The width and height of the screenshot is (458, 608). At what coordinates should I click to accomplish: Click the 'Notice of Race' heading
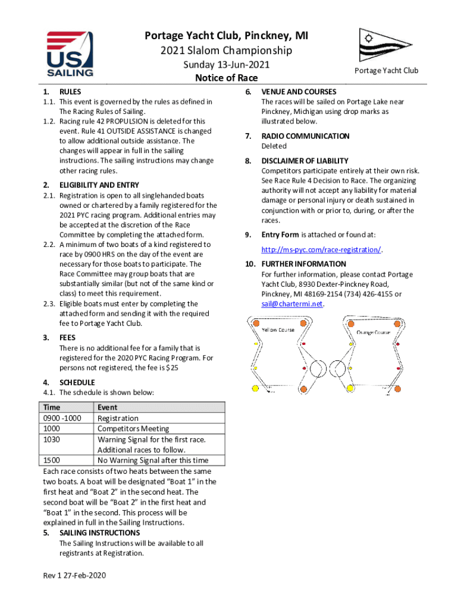[x=226, y=78]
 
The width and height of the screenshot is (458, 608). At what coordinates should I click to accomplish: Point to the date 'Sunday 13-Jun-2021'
[x=226, y=65]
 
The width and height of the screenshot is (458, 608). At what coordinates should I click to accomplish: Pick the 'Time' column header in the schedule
[x=52, y=407]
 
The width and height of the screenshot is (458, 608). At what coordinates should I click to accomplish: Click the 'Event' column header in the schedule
[x=107, y=407]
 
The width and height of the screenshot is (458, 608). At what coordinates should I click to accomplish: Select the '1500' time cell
[x=52, y=460]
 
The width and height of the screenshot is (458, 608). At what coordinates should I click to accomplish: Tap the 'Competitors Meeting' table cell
[x=133, y=429]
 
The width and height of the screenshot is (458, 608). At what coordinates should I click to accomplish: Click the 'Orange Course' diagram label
[x=373, y=332]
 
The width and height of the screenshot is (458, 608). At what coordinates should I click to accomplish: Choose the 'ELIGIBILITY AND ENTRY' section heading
[x=99, y=185]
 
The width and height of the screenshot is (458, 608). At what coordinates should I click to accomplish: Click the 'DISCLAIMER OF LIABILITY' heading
[x=305, y=161]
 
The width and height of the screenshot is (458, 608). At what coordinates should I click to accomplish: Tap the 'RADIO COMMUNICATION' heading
[x=305, y=136]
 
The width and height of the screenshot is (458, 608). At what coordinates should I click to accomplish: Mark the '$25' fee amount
[x=170, y=368]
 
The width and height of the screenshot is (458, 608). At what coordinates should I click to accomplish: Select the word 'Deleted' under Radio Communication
[x=274, y=146]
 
